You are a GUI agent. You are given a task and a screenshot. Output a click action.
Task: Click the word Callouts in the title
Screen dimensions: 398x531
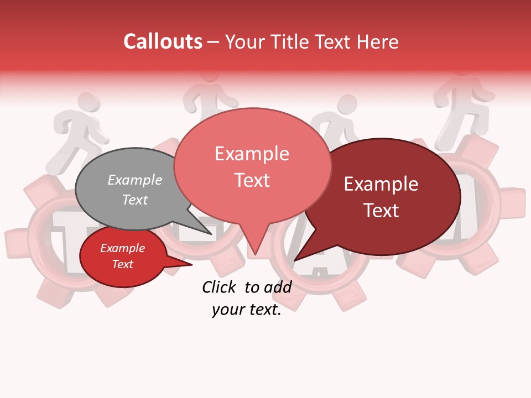tap(163, 41)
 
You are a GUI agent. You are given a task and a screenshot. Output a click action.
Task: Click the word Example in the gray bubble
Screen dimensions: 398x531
tap(134, 180)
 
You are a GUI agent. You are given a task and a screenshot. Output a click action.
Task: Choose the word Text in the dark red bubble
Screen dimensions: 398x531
tap(382, 211)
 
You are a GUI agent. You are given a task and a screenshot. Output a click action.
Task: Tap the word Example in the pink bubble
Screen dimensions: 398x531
tap(252, 154)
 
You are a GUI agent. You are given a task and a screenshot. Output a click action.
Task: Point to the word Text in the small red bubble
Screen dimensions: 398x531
tap(123, 264)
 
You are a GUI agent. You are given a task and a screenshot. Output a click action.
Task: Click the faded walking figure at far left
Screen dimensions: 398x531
tap(77, 133)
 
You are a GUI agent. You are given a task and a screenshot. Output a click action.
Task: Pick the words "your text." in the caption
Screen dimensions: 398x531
tap(246, 310)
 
